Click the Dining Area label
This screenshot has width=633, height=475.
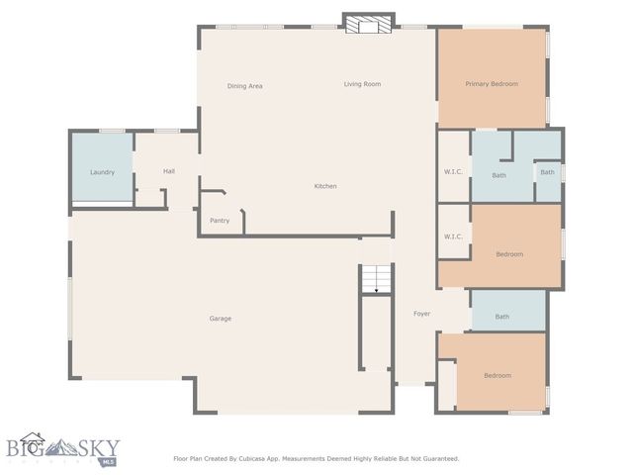click(x=244, y=86)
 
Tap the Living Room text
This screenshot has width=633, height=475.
click(x=362, y=84)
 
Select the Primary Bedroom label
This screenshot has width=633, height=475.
click(x=492, y=84)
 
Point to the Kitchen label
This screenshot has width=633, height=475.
click(x=325, y=186)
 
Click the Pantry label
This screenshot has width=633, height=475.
click(x=220, y=221)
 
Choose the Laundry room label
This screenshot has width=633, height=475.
click(x=102, y=172)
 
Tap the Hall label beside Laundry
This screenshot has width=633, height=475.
click(x=168, y=171)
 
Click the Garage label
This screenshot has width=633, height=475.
click(x=220, y=319)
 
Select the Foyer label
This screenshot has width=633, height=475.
click(x=421, y=314)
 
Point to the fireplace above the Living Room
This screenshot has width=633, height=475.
click(x=368, y=23)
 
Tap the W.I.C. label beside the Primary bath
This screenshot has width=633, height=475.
click(x=454, y=172)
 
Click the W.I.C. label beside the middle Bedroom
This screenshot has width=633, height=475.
click(x=454, y=237)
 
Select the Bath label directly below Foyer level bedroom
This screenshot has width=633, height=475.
click(x=502, y=317)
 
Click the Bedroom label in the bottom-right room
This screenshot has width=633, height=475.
click(x=497, y=375)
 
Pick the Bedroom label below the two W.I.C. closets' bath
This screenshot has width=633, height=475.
click(x=509, y=254)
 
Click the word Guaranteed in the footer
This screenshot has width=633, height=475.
click(x=436, y=458)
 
